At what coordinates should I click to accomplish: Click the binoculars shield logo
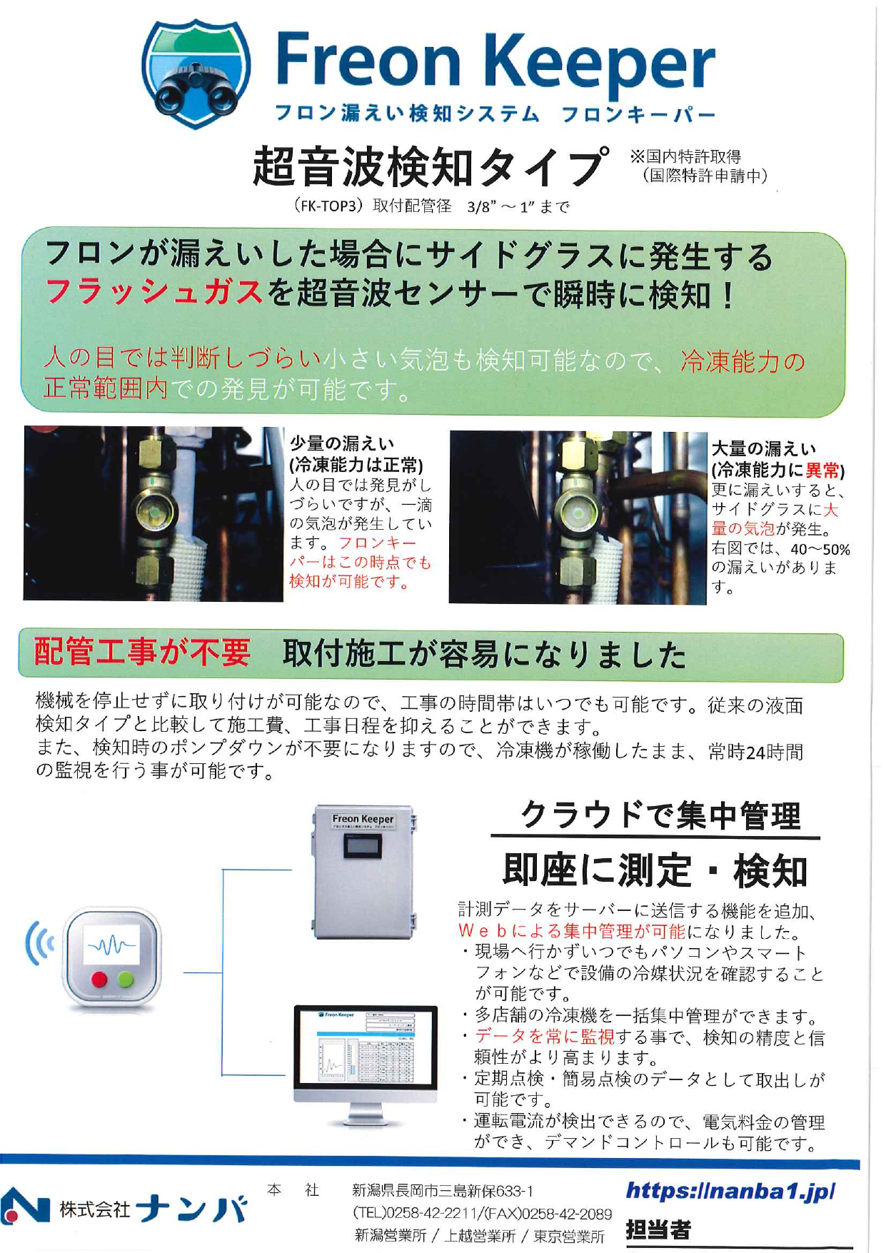(x=196, y=74)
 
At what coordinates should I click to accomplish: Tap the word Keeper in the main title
(x=601, y=63)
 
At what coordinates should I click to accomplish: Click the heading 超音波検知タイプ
(x=430, y=166)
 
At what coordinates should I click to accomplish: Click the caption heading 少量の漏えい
(x=341, y=443)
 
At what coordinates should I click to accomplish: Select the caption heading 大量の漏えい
(x=763, y=448)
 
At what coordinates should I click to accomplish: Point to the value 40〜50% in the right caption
(x=820, y=549)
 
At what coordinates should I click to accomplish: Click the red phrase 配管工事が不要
(x=142, y=652)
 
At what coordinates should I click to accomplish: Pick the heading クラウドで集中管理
(x=660, y=815)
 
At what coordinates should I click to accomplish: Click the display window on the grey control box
(x=362, y=847)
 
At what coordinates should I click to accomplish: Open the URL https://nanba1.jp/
(x=730, y=1190)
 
